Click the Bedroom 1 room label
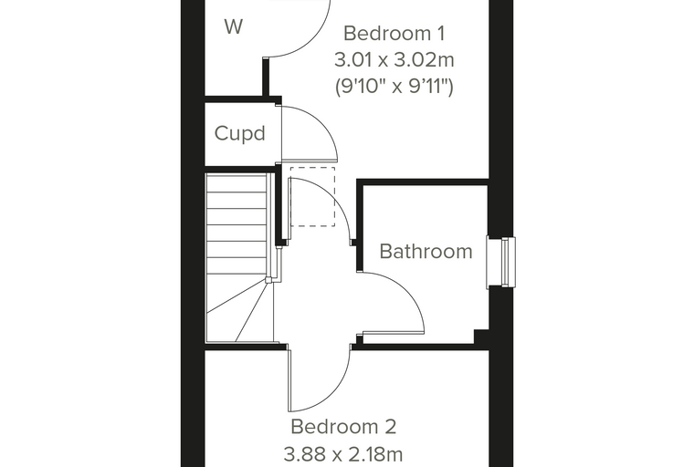coord(394,34)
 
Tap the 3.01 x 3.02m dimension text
coord(394,59)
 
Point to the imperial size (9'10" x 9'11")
coord(394,86)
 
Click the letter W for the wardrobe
coord(233,27)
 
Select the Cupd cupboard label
coord(240,133)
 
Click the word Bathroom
coord(426,251)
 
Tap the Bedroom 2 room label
coord(343,427)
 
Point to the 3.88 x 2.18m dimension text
coord(343,453)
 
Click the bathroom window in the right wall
coord(501,262)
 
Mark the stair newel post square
coord(268,280)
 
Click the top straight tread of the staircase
coord(237,183)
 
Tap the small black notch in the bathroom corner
coord(481,336)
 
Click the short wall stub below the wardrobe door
coord(266,77)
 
